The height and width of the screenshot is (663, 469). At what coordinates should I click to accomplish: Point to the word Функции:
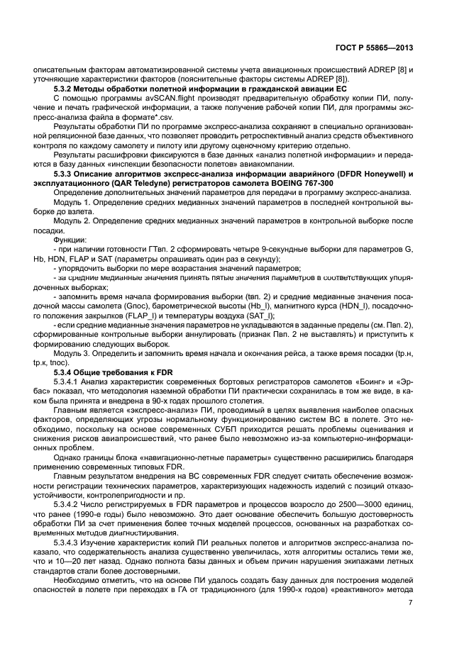click(69, 239)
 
